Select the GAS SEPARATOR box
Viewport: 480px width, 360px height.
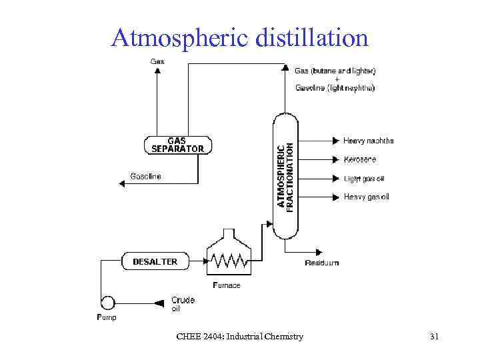coord(177,145)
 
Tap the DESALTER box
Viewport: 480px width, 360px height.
coord(155,261)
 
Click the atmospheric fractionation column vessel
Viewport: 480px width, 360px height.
coord(285,177)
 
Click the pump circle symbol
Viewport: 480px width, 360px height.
coord(107,302)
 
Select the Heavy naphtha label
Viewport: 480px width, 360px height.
coord(368,141)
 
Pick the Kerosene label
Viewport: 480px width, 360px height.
coord(360,159)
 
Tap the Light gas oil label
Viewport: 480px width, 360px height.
coord(363,178)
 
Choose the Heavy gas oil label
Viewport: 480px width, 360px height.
coord(366,197)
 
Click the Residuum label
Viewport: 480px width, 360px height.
coord(322,263)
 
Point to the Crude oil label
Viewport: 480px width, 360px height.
coord(183,304)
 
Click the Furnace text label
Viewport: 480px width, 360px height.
coord(227,285)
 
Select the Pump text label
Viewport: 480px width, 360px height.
coord(107,318)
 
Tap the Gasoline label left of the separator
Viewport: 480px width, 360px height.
coord(145,177)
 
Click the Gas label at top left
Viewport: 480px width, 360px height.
coord(157,61)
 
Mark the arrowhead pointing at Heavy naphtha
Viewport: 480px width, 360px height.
coord(337,141)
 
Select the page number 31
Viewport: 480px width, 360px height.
coord(434,337)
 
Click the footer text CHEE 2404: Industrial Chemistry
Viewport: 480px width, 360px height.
coord(239,337)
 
